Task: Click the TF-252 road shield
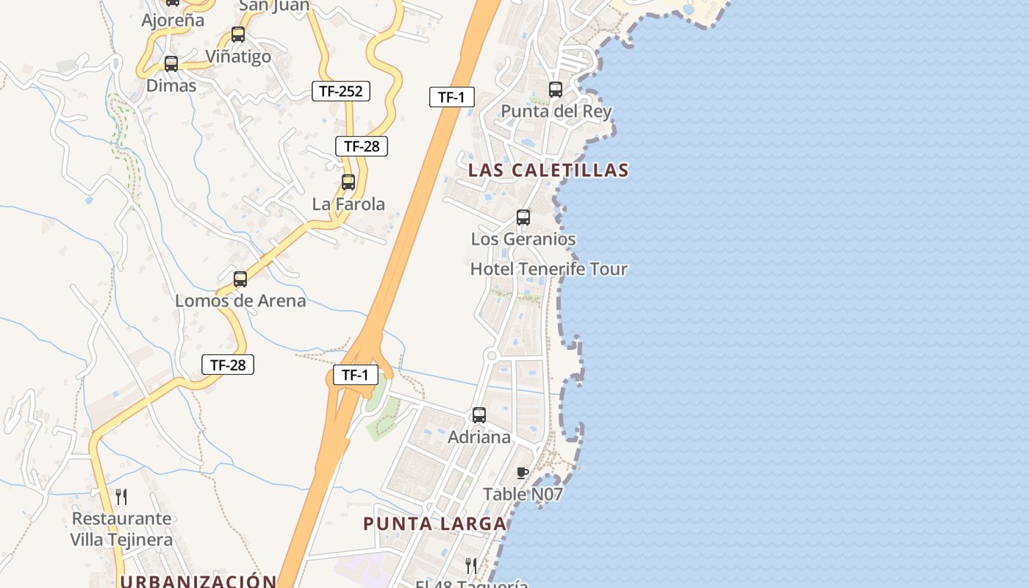(340, 91)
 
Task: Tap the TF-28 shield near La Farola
(362, 146)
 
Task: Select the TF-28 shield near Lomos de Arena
(228, 365)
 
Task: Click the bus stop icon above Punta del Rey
(556, 90)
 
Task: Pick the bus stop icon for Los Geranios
(523, 218)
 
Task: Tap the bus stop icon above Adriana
(479, 415)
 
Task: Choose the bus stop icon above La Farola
(348, 182)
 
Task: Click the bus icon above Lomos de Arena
(240, 279)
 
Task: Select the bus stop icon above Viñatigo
(238, 35)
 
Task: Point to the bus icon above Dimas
(171, 64)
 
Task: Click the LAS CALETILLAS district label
(548, 171)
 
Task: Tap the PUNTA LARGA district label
(435, 524)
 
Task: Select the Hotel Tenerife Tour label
(548, 269)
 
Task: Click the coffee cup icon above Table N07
(523, 473)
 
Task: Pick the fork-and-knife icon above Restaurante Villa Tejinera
(121, 497)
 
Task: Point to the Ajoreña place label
(173, 20)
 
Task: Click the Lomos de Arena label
(240, 301)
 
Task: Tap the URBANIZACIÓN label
(198, 581)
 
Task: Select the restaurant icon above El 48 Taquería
(471, 565)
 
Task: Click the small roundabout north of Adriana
(492, 356)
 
